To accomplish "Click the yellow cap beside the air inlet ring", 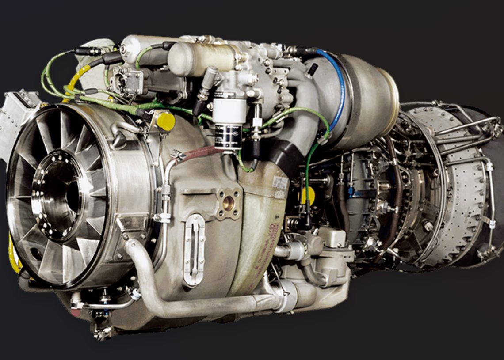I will [166, 121].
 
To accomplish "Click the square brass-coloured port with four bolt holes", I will [228, 203].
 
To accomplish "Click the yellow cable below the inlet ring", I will [13, 256].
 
